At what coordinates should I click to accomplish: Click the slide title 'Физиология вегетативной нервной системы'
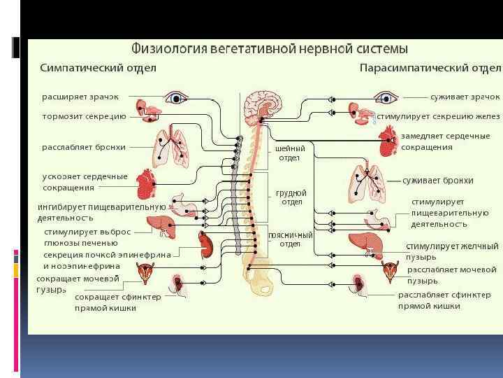click(270, 50)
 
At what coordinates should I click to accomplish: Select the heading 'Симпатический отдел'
click(99, 68)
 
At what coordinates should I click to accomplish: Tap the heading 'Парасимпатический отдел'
click(430, 68)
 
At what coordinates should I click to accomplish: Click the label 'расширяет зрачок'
click(80, 96)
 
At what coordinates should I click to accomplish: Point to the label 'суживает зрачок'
click(465, 96)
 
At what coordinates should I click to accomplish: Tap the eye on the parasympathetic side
click(385, 97)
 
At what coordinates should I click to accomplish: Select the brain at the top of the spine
click(262, 106)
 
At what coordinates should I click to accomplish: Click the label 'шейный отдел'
click(290, 153)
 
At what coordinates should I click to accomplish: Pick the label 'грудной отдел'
click(291, 197)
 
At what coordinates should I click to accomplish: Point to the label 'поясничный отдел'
click(291, 239)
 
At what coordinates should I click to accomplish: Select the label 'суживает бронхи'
click(438, 181)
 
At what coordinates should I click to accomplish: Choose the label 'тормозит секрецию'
click(84, 116)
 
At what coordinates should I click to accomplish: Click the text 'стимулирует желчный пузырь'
click(452, 251)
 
